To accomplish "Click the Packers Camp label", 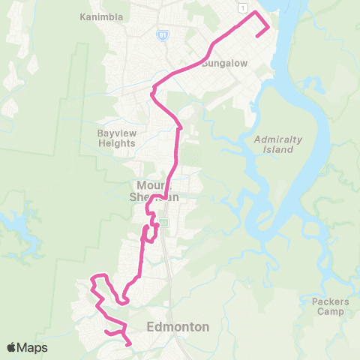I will coord(330,306).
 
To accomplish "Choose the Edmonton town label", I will coord(178,326).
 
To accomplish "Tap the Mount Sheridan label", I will coord(158,190).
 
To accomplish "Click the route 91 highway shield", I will coord(163,34).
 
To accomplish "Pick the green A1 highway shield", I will coord(163,222).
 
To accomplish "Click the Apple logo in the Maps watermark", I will coord(11,348).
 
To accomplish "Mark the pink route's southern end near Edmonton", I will coord(130,344).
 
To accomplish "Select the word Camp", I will coord(330,311).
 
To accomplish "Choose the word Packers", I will coord(330,301).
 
